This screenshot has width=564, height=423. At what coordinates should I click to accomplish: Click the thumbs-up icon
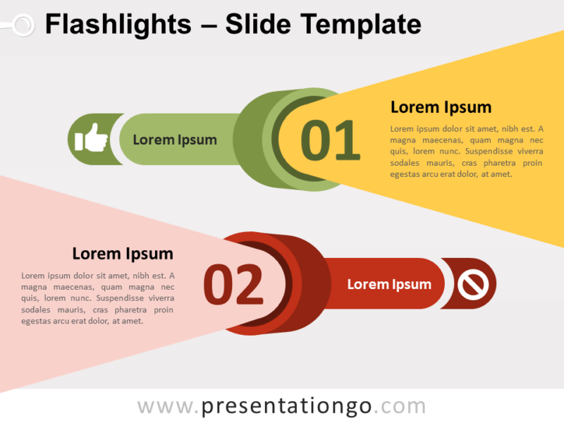tap(92, 138)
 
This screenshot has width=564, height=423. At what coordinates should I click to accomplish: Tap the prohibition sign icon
tap(472, 284)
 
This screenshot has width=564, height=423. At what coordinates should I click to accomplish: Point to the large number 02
tap(233, 285)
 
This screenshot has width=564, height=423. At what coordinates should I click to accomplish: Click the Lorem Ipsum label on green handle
tap(175, 140)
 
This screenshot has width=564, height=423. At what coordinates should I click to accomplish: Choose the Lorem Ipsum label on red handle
tap(389, 284)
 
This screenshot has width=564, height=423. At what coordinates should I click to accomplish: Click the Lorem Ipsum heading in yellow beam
tap(441, 107)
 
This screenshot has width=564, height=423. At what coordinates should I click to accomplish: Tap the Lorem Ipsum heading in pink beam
tap(123, 253)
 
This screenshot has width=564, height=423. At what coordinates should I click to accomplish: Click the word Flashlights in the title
tap(118, 25)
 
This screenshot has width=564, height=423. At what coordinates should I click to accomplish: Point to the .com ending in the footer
tap(400, 407)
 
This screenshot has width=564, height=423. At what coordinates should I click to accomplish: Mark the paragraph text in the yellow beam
tap(466, 152)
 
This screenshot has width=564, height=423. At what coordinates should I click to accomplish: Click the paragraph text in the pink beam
tap(98, 298)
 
